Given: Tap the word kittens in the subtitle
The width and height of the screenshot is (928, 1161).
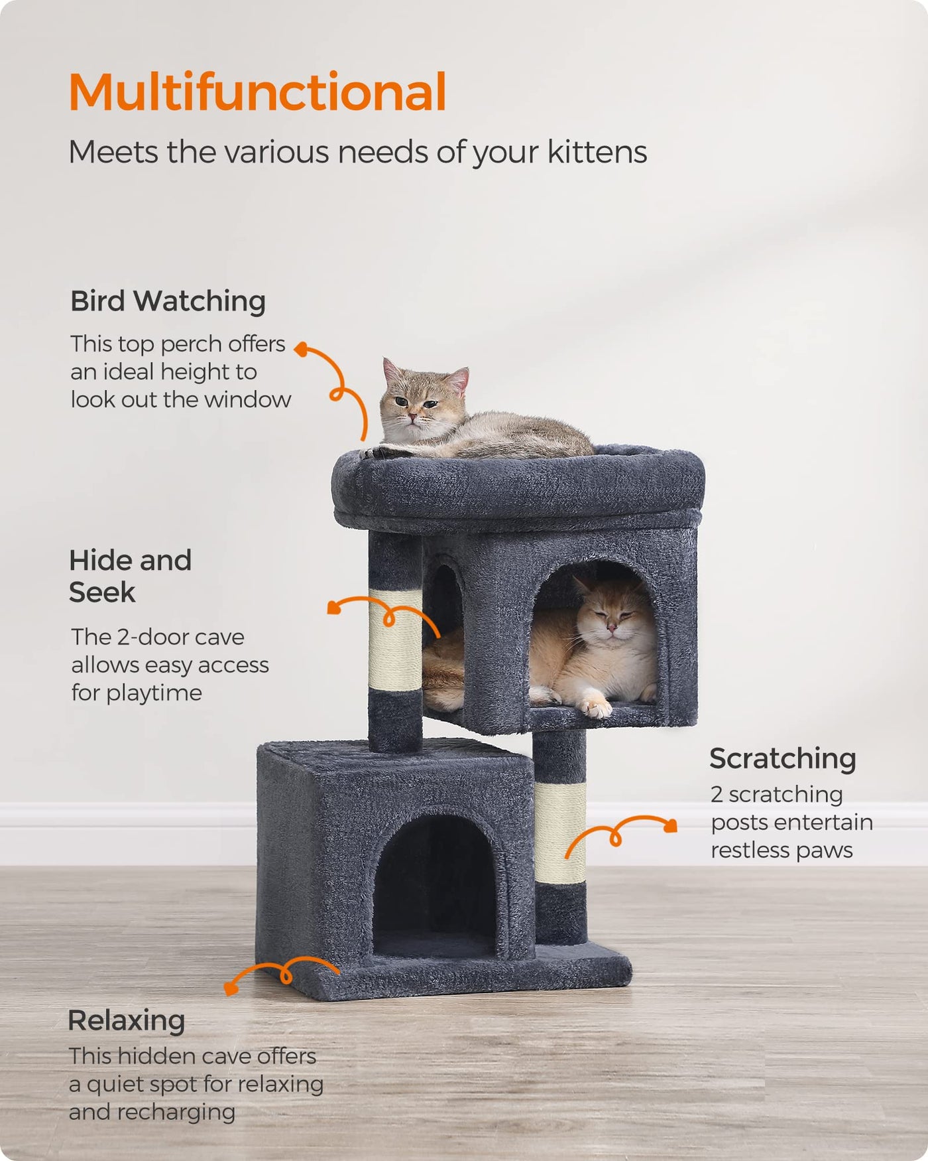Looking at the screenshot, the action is tap(597, 152).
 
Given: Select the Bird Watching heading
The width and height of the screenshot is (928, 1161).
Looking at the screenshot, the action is tap(168, 301).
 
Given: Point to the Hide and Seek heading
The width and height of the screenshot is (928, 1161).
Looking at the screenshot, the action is tap(131, 576).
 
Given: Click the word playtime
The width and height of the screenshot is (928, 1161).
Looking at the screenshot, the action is tap(154, 693).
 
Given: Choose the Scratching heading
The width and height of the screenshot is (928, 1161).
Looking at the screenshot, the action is tap(783, 759).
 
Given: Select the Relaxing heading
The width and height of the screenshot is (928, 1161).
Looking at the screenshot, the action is tap(126, 1021).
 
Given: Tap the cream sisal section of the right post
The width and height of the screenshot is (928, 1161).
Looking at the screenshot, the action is tap(560, 833).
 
